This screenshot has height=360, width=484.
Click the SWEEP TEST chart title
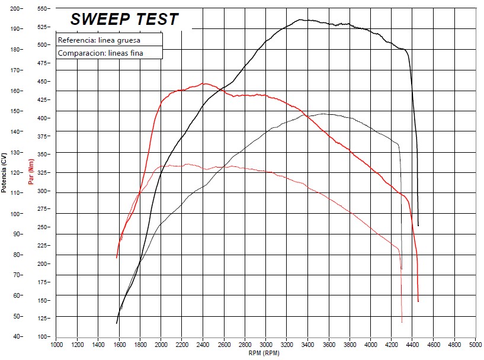pyautogui.click(x=124, y=19)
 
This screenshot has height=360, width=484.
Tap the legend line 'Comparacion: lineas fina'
pyautogui.click(x=101, y=53)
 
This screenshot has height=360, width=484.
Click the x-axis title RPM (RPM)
pyautogui.click(x=264, y=353)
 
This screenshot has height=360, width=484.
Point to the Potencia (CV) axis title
pyautogui.click(x=5, y=172)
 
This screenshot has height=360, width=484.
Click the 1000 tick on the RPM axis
pyautogui.click(x=57, y=344)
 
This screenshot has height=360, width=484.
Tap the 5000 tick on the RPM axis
pyautogui.click(x=475, y=344)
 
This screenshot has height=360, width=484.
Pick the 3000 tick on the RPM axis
pyautogui.click(x=266, y=344)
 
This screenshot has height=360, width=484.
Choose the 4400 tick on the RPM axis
pyautogui.click(x=412, y=344)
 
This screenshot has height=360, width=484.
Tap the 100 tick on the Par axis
pyautogui.click(x=43, y=336)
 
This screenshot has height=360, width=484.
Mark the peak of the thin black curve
pyautogui.click(x=324, y=114)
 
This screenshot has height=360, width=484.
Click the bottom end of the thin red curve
pyautogui.click(x=402, y=323)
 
